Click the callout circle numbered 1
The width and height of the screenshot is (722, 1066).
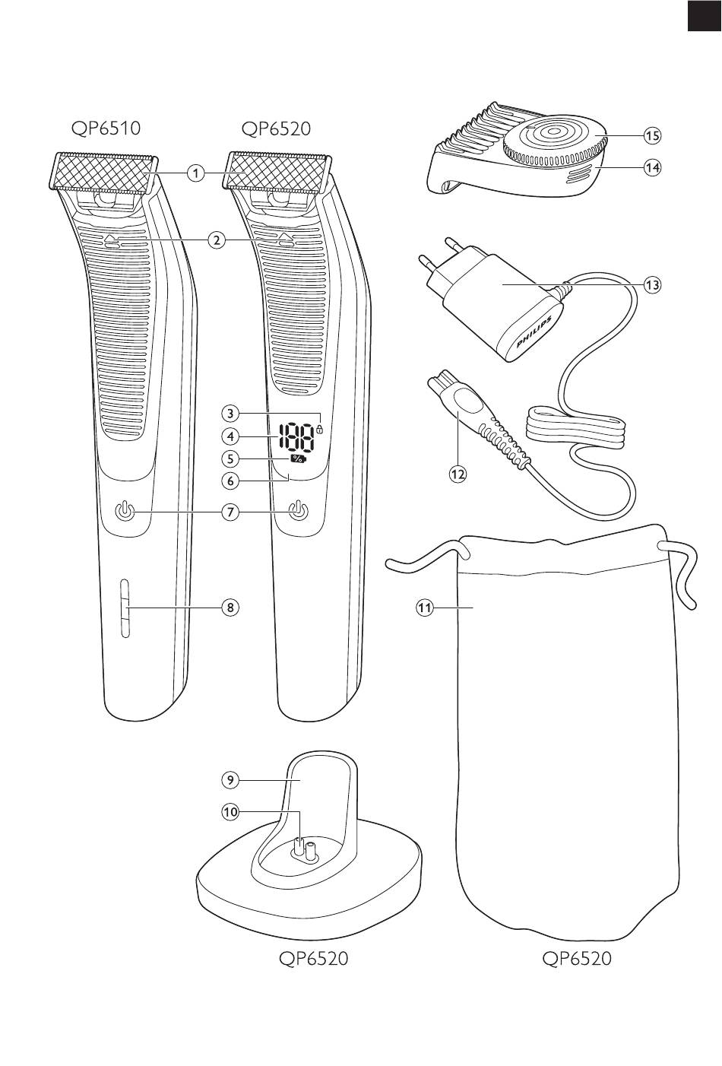(196, 173)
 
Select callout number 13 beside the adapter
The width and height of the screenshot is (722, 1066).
(651, 284)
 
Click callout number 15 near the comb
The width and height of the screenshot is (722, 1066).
(651, 136)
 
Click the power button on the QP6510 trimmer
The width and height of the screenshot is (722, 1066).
(125, 512)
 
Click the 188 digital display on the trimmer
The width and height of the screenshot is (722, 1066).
(296, 438)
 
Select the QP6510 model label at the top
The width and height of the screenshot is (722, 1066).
(106, 128)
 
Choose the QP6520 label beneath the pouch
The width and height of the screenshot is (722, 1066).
(577, 959)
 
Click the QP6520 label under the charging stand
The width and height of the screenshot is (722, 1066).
(313, 959)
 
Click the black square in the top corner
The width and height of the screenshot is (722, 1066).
(704, 17)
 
